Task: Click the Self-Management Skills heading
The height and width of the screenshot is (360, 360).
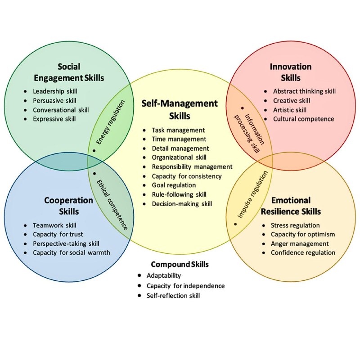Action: [180, 110]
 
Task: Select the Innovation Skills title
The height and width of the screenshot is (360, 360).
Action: [291, 72]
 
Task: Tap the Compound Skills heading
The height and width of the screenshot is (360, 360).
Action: [180, 264]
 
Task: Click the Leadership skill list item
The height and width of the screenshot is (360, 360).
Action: [55, 91]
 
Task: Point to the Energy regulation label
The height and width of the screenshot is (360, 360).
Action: [110, 122]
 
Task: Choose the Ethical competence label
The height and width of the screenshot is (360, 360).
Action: [112, 205]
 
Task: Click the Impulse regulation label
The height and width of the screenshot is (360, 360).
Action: [252, 195]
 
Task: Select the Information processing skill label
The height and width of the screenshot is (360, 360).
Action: [249, 133]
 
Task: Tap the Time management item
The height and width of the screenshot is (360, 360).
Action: [179, 139]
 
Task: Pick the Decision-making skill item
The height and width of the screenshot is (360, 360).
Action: [182, 204]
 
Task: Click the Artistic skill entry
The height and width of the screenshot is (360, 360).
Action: [290, 110]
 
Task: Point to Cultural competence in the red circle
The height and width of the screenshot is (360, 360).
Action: [303, 119]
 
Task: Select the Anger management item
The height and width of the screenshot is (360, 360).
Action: [300, 243]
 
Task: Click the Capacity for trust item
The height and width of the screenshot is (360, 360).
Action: [58, 234]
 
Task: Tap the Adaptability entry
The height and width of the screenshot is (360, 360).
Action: [164, 275]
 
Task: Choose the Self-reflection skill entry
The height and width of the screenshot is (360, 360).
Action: [173, 296]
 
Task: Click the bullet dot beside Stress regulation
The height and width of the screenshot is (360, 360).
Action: [264, 225]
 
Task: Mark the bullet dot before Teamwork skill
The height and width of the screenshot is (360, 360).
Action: [25, 225]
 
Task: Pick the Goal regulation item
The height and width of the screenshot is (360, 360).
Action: [174, 185]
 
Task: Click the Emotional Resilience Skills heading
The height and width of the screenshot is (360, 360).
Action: [291, 206]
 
